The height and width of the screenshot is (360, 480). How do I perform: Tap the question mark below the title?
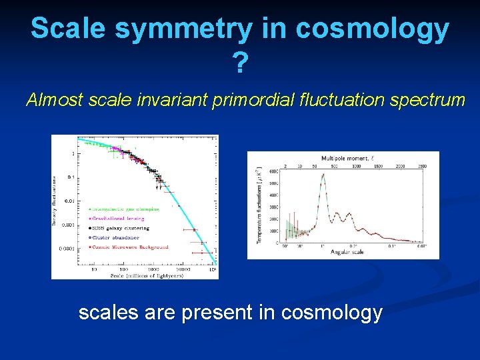[240, 63]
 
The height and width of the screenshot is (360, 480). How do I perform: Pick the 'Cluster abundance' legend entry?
[117, 237]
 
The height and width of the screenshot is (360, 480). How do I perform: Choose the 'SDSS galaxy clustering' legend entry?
[124, 227]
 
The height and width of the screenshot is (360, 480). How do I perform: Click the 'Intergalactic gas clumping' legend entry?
[127, 209]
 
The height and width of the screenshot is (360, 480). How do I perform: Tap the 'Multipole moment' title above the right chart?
[344, 158]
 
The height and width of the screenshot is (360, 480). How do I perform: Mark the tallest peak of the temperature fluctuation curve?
[323, 175]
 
